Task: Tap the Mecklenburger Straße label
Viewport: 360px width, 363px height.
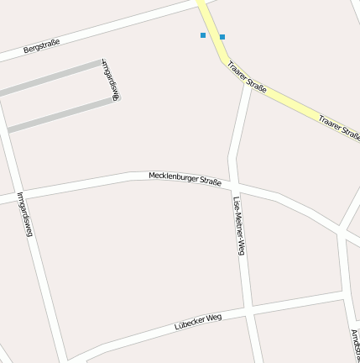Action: pos(185,178)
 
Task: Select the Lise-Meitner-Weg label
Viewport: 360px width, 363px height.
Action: pos(240,224)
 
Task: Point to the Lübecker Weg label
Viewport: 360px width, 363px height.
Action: pos(197,320)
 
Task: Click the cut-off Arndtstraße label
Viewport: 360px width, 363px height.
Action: pos(355,345)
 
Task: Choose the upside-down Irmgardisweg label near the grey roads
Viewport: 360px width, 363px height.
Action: pos(111,81)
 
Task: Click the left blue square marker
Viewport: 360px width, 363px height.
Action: pos(203,35)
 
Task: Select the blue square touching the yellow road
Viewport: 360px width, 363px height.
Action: pos(222,37)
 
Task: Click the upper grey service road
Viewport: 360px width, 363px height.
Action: pos(50,77)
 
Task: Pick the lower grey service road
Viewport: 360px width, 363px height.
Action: pos(59,116)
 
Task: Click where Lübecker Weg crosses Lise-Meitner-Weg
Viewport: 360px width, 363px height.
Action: pos(248,313)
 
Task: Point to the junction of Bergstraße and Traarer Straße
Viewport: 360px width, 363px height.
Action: pos(200,4)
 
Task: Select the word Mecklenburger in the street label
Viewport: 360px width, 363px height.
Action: pos(173,176)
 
